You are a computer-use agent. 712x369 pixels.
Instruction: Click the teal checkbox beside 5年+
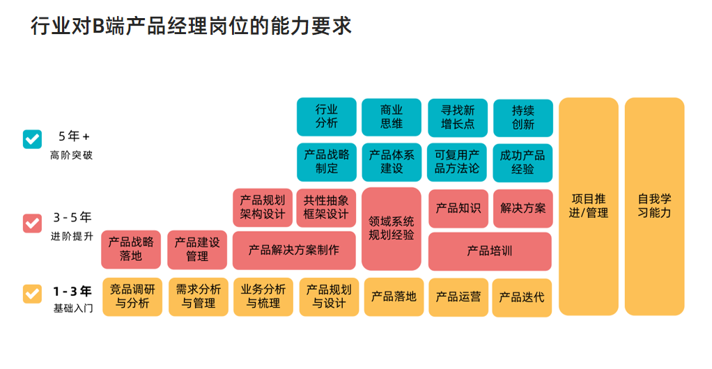[32, 139]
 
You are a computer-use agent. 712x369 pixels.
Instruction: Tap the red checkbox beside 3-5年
[32, 223]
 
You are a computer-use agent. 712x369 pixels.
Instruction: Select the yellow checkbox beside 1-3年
[32, 293]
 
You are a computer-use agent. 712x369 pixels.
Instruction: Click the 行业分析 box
[326, 117]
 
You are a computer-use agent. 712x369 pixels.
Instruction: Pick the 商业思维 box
[392, 117]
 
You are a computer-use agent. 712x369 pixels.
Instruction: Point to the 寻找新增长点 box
[458, 117]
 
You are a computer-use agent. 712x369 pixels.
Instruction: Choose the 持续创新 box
[523, 117]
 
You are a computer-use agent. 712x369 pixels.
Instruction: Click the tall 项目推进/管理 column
[588, 206]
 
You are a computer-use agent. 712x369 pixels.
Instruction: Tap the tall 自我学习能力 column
[654, 206]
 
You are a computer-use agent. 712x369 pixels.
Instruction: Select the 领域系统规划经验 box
[392, 228]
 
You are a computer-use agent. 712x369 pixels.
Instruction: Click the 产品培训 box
[490, 251]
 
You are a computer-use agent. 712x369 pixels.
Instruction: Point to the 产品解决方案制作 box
[294, 250]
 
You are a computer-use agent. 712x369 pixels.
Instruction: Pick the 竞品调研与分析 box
[132, 297]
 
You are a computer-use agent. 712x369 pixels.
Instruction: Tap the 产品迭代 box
[522, 297]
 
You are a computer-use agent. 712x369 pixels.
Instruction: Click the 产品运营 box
[458, 297]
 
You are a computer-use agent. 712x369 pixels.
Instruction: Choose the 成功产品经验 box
[523, 162]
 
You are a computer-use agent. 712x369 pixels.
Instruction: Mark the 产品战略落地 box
[131, 249]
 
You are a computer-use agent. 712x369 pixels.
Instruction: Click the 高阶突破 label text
[71, 155]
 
